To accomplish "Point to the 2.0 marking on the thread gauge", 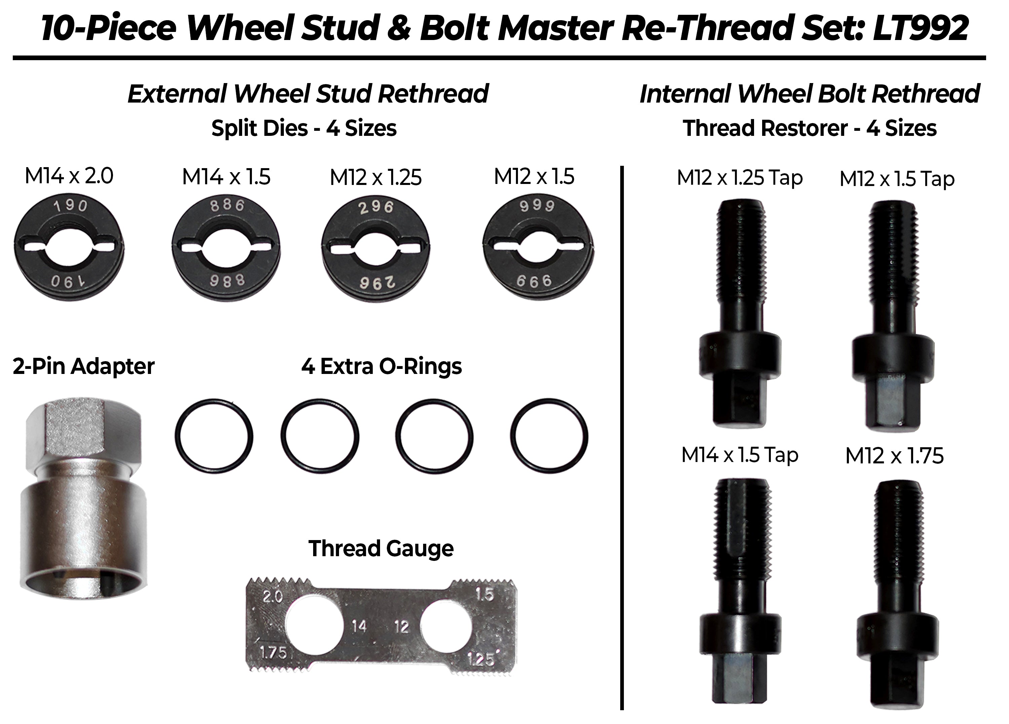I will (272, 596).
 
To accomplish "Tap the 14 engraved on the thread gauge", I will (359, 626).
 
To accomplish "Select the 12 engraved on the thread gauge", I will (401, 626).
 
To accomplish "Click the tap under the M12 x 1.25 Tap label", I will (740, 311).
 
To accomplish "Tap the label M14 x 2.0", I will (69, 176).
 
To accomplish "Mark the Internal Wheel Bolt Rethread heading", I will (809, 94).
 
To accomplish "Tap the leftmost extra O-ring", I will (214, 436).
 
